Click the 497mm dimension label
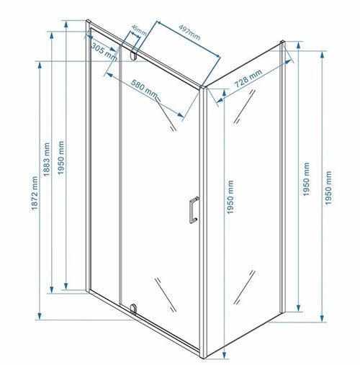pyautogui.click(x=189, y=32)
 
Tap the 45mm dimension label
pyautogui.click(x=139, y=30)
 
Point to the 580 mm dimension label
pyautogui.click(x=144, y=89)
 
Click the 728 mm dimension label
pyautogui.click(x=248, y=78)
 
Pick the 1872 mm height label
pyautogui.click(x=35, y=193)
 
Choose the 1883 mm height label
pyautogui.click(x=47, y=160)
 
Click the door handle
pyautogui.click(x=194, y=210)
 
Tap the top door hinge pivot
pyautogui.click(x=133, y=55)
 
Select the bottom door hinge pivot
pyautogui.click(x=133, y=309)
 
